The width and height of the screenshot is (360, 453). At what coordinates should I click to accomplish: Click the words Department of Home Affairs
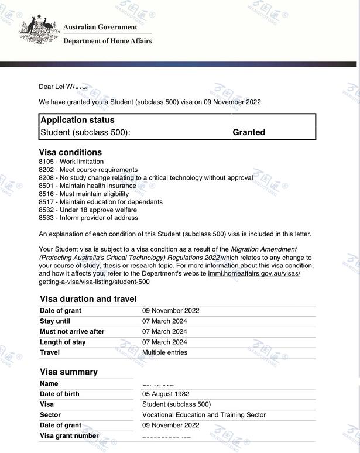click(x=107, y=41)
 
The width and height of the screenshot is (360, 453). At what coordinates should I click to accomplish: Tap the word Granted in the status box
click(x=249, y=132)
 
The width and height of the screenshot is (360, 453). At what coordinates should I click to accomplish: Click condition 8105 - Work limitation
click(x=71, y=162)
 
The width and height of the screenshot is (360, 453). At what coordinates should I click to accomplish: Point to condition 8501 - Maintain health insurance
click(x=87, y=186)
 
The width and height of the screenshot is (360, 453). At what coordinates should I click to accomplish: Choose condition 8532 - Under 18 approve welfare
click(x=88, y=210)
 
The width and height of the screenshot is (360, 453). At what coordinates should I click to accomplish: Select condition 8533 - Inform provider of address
click(x=88, y=218)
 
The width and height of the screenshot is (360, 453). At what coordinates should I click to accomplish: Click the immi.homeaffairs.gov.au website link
click(x=254, y=273)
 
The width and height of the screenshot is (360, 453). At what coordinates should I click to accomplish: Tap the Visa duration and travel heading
click(x=88, y=299)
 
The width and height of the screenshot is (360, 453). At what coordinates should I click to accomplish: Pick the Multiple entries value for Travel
click(x=164, y=352)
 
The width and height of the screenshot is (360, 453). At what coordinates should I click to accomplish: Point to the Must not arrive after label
click(x=72, y=332)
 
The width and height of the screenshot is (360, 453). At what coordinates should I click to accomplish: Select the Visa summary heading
click(x=68, y=372)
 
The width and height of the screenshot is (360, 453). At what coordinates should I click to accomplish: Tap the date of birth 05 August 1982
click(x=166, y=394)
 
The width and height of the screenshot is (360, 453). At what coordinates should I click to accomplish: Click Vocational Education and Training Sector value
click(x=204, y=415)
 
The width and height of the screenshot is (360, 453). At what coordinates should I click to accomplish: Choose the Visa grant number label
click(x=69, y=436)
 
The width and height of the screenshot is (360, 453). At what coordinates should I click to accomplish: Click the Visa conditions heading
click(x=70, y=152)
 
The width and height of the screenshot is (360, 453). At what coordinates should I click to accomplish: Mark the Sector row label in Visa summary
click(x=50, y=415)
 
